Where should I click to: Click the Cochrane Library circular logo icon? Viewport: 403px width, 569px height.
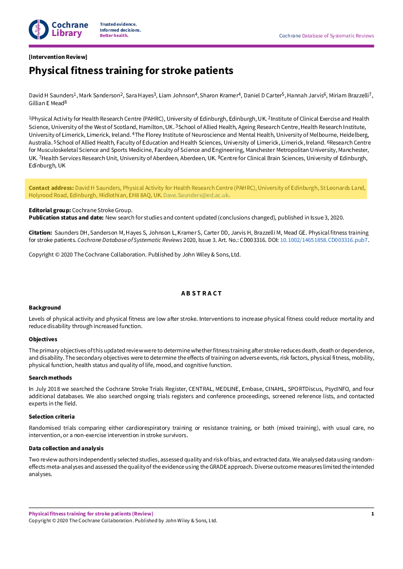click(38, 29)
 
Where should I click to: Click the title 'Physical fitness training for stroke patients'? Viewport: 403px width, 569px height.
click(131, 71)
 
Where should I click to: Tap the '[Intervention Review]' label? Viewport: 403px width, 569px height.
click(58, 57)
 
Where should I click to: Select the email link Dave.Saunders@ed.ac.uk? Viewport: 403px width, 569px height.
click(196, 195)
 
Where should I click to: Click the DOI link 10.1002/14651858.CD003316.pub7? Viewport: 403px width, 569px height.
click(324, 240)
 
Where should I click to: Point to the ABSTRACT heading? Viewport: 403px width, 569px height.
click(201, 294)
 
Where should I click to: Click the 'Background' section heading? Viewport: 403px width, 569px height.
click(45, 308)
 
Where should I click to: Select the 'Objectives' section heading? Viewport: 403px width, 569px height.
click(43, 339)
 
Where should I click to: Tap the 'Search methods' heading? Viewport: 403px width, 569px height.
click(50, 378)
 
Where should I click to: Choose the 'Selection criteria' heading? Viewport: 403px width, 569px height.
click(52, 417)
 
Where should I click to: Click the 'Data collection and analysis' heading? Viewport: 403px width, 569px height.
click(66, 448)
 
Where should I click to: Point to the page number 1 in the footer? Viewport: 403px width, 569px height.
click(372, 514)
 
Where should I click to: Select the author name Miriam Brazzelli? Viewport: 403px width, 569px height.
click(349, 95)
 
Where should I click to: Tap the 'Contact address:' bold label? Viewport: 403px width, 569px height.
click(51, 188)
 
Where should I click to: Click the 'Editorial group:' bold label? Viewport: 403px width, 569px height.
click(50, 210)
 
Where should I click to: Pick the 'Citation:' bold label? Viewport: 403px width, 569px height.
click(40, 233)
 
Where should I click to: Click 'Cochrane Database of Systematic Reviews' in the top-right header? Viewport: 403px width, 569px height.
click(326, 36)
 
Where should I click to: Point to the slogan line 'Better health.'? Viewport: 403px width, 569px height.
click(114, 36)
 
